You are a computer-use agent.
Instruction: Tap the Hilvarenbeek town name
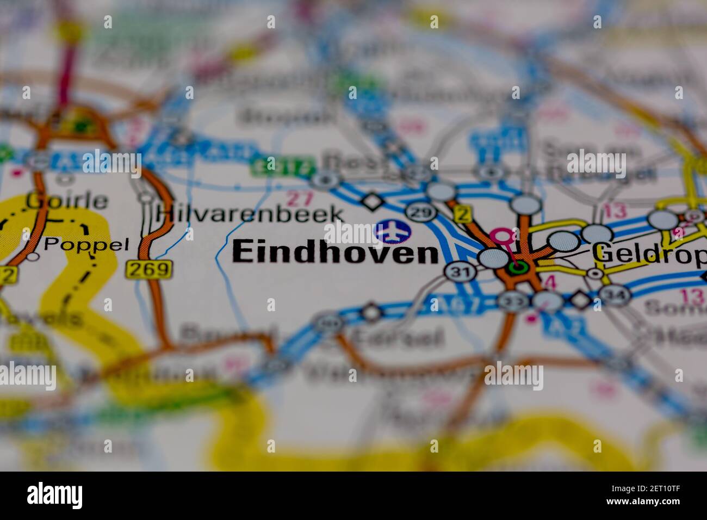250,213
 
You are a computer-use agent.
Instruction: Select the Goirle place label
66,201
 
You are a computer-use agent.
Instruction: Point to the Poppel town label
86,244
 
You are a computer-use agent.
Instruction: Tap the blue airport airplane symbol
393,231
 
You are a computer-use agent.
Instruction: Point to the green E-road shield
283,166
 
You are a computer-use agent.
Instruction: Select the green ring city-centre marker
517,267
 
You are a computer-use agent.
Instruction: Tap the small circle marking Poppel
33,256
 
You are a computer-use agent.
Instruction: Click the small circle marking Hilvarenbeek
146,199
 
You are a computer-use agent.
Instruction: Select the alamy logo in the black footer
54,496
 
